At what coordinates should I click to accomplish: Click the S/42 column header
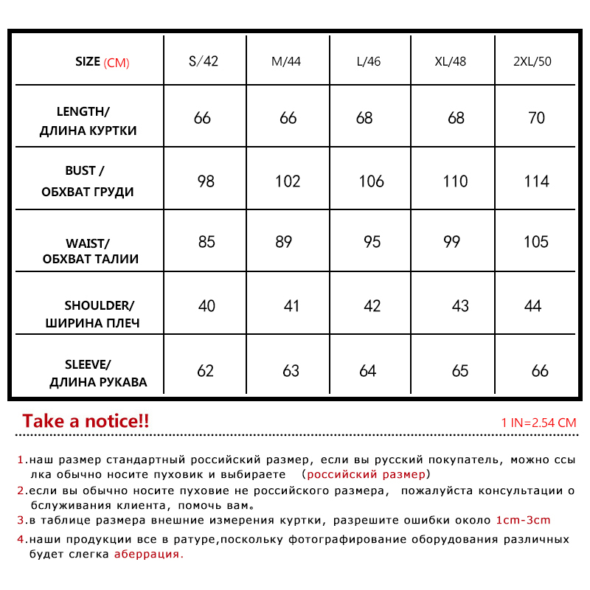(x=204, y=61)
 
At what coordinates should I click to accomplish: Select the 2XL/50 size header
(x=532, y=61)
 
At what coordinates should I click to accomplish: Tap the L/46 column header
(x=368, y=61)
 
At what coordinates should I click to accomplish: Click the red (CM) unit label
(x=117, y=63)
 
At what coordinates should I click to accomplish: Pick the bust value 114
(x=536, y=181)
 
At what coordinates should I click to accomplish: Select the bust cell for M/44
(x=288, y=181)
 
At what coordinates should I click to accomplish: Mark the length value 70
(x=537, y=118)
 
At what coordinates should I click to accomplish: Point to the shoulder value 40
(x=206, y=306)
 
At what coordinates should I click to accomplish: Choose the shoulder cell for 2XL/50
(x=532, y=306)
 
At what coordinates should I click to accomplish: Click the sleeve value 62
(x=205, y=371)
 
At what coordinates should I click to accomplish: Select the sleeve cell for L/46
(x=368, y=371)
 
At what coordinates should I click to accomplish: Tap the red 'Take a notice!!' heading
(x=86, y=421)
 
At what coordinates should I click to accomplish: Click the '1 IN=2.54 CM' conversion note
(x=538, y=423)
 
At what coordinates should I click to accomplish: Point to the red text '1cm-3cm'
(x=523, y=520)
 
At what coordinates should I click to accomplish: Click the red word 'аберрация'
(x=148, y=554)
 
